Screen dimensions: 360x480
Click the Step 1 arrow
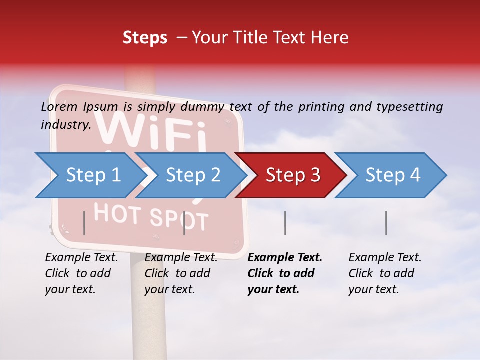90,175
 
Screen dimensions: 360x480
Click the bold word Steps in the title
145,38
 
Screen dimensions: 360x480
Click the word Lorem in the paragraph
59,107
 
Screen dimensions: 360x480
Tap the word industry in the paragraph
65,125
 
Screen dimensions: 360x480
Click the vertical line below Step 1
84,223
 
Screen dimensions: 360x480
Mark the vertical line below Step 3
285,223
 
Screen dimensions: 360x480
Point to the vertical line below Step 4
386,223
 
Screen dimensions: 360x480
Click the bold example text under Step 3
282,273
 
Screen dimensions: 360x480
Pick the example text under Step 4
383,273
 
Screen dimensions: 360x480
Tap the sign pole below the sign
148,310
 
